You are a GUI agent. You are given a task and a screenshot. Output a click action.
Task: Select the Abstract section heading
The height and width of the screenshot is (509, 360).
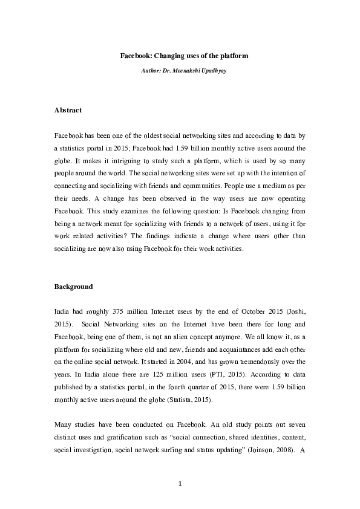pos(68,111)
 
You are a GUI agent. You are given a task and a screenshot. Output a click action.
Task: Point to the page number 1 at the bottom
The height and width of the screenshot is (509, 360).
pos(180,483)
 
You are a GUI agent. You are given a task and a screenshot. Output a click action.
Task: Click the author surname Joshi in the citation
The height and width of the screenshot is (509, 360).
pos(293,312)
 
